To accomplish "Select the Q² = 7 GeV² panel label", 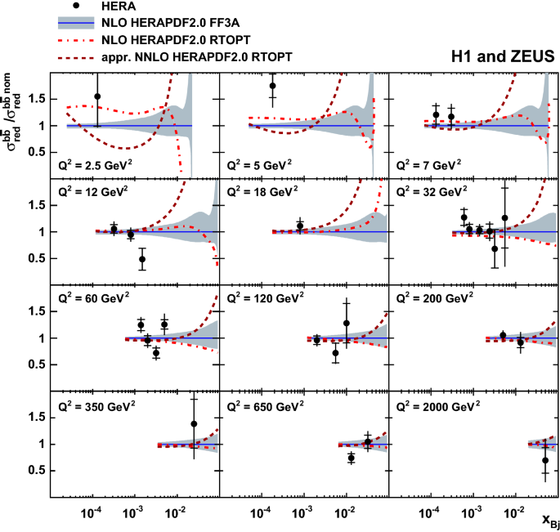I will [x=430, y=163].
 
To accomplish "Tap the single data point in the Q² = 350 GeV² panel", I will [x=194, y=424].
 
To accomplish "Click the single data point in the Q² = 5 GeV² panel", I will [x=273, y=86].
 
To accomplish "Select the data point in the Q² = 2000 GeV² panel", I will [x=546, y=460].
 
